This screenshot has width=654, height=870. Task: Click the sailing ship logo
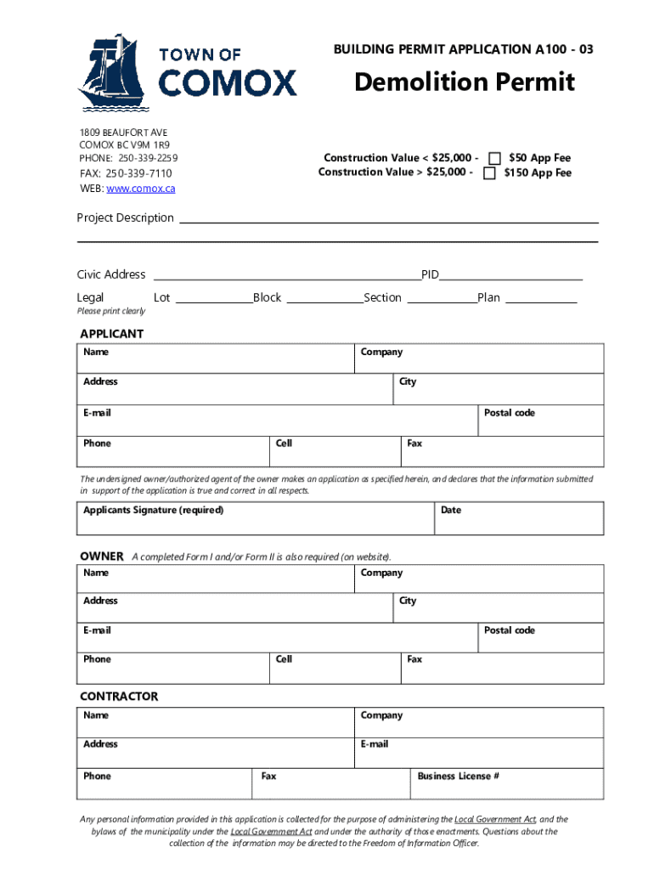(x=112, y=73)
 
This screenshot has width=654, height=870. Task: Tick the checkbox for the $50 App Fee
(x=493, y=158)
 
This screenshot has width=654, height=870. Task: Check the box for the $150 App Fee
(x=489, y=173)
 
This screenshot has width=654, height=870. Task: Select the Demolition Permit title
(x=464, y=82)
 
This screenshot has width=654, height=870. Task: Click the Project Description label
(x=125, y=218)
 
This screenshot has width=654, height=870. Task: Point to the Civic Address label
(x=111, y=274)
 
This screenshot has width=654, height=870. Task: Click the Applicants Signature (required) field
(x=255, y=518)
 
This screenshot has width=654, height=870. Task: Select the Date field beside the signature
(x=519, y=518)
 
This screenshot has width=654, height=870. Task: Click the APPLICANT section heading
(x=111, y=334)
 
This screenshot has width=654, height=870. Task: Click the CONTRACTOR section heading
(x=119, y=697)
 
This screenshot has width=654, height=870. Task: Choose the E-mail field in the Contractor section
(x=479, y=752)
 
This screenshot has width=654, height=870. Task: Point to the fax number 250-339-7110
(x=138, y=173)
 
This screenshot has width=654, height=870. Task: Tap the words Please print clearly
(x=111, y=311)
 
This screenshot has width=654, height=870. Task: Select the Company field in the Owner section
(x=479, y=579)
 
